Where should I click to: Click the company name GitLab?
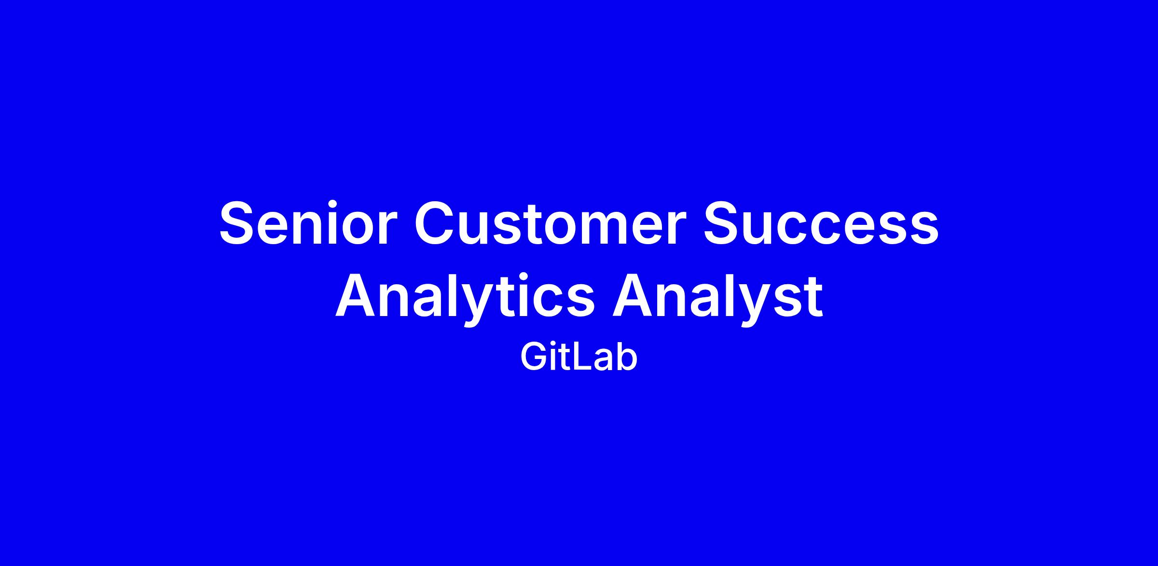click(579, 358)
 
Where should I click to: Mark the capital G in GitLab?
click(534, 358)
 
